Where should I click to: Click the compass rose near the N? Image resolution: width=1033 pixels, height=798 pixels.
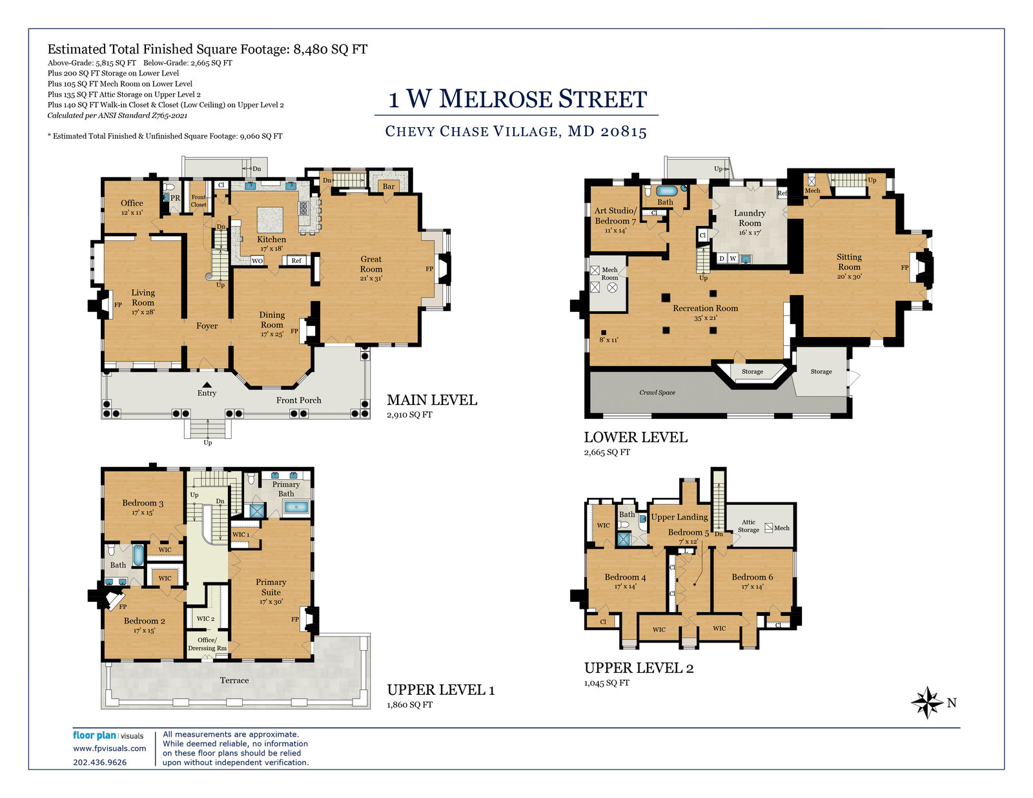(926, 702)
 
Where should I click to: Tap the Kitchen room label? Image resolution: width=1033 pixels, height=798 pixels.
(271, 240)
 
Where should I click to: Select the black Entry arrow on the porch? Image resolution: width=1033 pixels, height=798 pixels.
(207, 385)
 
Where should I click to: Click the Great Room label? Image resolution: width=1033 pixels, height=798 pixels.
(371, 264)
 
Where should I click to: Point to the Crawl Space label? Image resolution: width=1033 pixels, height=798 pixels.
(657, 393)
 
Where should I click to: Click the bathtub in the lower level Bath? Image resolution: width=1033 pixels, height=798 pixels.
(666, 190)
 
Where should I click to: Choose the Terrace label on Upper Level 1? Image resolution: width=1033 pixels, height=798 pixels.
(234, 680)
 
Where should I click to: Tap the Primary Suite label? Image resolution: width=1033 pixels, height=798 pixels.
(271, 587)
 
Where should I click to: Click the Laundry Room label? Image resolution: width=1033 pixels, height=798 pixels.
(750, 218)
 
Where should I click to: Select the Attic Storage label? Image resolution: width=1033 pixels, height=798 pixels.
(748, 526)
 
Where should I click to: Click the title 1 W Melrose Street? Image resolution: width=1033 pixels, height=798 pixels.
(517, 99)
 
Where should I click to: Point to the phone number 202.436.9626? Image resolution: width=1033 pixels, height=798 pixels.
(100, 762)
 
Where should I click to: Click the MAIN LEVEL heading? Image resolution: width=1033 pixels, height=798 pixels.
(432, 400)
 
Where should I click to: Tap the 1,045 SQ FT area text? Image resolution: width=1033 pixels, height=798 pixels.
(607, 683)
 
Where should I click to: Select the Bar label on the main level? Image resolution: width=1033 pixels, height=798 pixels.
(389, 187)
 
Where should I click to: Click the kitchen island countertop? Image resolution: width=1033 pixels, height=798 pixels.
(270, 220)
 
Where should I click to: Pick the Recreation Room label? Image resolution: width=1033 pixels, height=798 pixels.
(706, 308)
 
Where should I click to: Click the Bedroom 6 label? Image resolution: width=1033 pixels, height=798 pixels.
(752, 577)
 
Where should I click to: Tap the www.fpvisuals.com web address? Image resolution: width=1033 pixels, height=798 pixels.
(109, 748)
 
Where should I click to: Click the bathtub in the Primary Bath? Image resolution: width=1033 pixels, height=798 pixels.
(296, 507)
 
